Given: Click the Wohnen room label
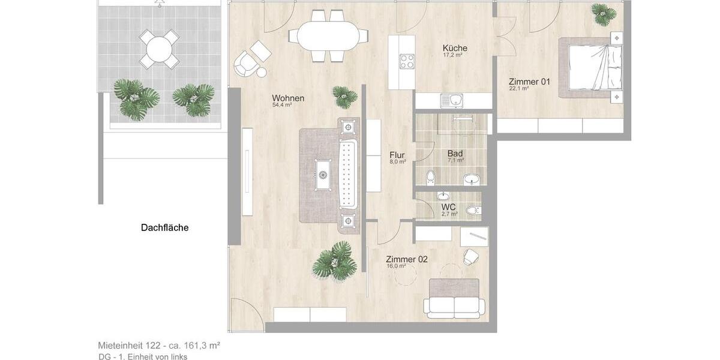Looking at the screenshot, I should coord(288,98).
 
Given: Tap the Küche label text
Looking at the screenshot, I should coord(455,48).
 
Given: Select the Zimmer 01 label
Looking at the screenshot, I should coord(529,82).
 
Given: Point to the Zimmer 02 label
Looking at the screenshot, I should coord(407,259).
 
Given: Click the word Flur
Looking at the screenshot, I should coord(397,155).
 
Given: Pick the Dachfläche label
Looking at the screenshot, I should coord(164,227).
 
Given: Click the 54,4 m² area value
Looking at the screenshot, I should coord(281,105).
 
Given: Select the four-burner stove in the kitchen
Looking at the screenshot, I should coord(407,61).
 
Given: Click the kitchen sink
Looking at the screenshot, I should coord(452,100).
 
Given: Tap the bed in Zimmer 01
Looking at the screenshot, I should coord(591,67).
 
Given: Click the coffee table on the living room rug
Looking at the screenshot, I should coord(322,174).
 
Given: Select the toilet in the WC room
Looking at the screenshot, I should coord(473,210).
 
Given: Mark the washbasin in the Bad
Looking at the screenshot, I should coord(472,179).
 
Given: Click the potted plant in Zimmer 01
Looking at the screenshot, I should coord(603,13).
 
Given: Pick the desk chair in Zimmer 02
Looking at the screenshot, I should coord(470,257).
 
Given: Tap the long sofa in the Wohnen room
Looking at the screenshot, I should coord(349,174).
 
